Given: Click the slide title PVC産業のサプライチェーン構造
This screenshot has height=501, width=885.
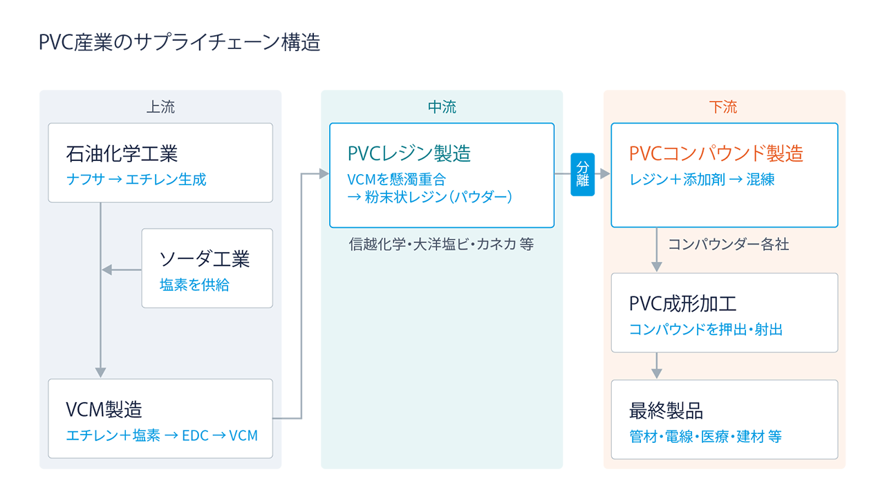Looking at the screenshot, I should click(x=180, y=43).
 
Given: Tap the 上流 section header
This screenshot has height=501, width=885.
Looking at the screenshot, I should click(x=160, y=107).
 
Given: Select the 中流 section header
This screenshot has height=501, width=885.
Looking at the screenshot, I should click(x=442, y=107).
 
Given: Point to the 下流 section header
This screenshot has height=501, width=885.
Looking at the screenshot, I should click(x=723, y=107).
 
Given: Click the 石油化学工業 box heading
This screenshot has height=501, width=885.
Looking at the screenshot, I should click(x=122, y=153).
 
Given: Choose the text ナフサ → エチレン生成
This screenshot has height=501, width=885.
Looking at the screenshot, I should click(x=136, y=180).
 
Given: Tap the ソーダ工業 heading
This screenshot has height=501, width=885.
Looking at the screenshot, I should click(x=205, y=258).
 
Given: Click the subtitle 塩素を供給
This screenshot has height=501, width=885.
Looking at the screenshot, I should click(x=194, y=285).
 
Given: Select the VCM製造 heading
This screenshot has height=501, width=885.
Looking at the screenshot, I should click(x=104, y=409).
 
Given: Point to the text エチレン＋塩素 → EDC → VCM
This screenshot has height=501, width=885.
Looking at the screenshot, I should click(x=162, y=436).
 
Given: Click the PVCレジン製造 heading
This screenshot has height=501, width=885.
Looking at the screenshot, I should click(x=409, y=153).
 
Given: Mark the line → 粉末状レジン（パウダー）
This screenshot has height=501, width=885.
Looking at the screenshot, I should click(x=429, y=198).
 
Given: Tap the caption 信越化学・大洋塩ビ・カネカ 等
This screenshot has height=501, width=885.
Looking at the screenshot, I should click(x=442, y=245).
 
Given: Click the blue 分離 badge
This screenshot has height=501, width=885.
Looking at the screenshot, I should click(x=582, y=174).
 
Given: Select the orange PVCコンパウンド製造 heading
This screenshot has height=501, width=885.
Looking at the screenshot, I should click(x=716, y=153).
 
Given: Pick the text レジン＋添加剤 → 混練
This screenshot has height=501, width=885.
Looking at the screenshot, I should click(x=702, y=180).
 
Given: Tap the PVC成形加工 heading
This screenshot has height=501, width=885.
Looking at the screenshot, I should click(x=683, y=303).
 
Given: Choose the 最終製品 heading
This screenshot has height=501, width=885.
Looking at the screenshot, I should click(x=666, y=410).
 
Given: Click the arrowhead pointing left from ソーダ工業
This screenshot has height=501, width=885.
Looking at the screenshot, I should click(x=106, y=270).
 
